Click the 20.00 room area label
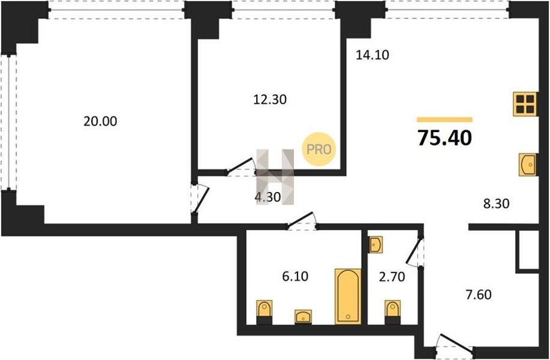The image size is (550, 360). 100,122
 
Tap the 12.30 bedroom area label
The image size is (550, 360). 269,100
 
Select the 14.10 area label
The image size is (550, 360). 372,55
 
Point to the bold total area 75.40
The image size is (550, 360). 444,137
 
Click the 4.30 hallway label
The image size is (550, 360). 268,197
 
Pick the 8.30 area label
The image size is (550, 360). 496,204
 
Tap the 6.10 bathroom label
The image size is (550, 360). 295,276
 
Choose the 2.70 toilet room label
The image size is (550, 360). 392,277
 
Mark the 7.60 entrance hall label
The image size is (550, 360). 479,295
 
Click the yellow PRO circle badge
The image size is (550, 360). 319,149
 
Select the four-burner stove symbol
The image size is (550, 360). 525,104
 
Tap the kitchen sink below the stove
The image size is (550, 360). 527,164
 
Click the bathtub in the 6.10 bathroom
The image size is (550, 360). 348,296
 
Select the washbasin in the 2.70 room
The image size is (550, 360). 376,244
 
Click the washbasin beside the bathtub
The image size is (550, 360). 303,317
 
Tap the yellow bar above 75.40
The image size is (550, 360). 444,120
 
